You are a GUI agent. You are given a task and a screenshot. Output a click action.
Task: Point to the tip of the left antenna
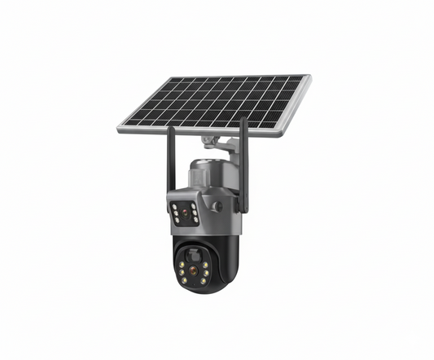pyautogui.click(x=170, y=129)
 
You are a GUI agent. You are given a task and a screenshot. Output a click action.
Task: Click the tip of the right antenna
pyautogui.click(x=243, y=119)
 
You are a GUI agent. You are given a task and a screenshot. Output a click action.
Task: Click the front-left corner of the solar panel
pyautogui.click(x=119, y=128)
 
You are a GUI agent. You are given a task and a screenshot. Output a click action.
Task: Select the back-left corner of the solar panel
pyautogui.click(x=172, y=79)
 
